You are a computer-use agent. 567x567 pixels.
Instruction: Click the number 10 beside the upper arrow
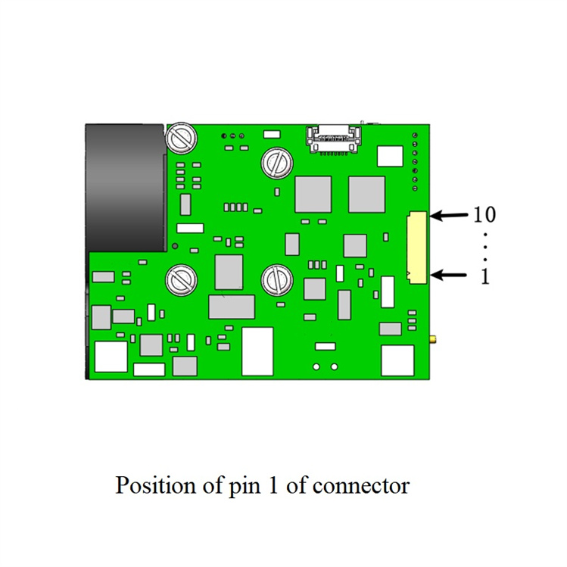click(484, 215)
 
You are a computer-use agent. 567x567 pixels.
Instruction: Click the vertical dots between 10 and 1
click(485, 245)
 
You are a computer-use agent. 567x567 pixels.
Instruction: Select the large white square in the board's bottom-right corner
click(397, 360)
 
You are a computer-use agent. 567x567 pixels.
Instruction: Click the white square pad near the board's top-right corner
click(390, 156)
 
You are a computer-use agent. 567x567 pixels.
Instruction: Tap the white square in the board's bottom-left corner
click(111, 357)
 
